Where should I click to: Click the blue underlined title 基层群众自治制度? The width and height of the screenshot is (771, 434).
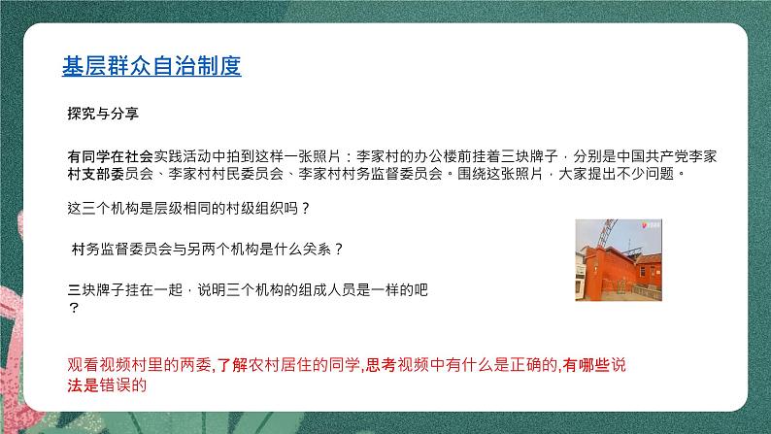[151, 66]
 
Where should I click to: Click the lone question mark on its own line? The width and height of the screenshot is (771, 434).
[72, 308]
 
